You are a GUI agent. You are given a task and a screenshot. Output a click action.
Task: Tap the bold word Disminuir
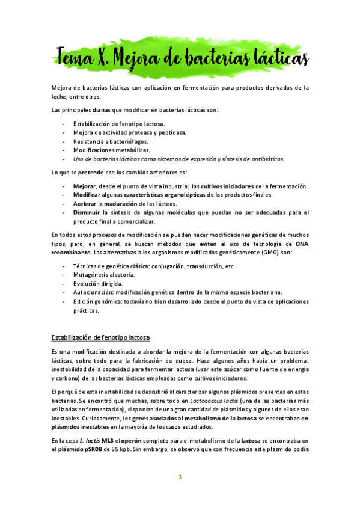tap(88, 212)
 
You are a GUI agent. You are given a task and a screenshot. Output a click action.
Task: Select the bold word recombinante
tap(72, 253)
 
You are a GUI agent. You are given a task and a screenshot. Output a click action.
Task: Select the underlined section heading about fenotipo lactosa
tap(100, 336)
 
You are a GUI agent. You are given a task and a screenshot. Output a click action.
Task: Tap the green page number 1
tap(180, 476)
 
